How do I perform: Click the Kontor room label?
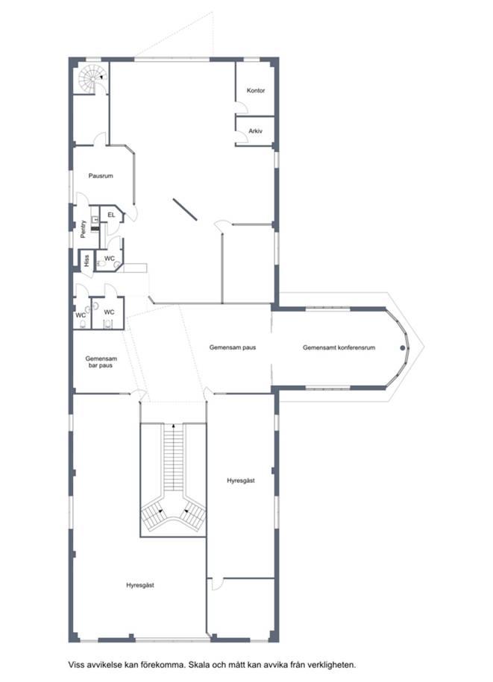click(x=255, y=90)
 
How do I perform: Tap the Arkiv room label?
click(x=255, y=131)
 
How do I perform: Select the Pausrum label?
click(x=101, y=176)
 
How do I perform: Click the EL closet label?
click(x=111, y=215)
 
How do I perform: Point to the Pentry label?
click(x=83, y=230)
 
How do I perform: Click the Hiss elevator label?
click(x=87, y=261)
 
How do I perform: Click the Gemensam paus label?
click(x=233, y=347)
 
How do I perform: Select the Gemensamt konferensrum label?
click(x=339, y=347)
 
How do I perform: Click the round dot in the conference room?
click(x=403, y=348)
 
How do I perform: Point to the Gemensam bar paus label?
click(x=101, y=362)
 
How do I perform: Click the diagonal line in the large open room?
click(x=185, y=209)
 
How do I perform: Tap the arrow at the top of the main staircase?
click(x=174, y=426)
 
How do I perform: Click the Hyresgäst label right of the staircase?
click(x=241, y=481)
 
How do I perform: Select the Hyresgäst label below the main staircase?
click(x=140, y=585)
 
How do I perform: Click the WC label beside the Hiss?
click(x=110, y=259)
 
